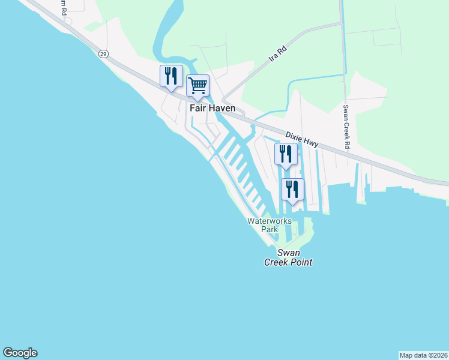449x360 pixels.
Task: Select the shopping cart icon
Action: point(197,86)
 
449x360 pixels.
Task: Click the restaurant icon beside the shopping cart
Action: point(172,76)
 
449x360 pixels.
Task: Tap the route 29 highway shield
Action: point(103,54)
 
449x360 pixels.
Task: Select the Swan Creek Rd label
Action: point(346,127)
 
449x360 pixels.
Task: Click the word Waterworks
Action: point(270,221)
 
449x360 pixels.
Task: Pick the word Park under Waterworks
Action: point(270,229)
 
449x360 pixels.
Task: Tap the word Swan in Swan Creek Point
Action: point(288,253)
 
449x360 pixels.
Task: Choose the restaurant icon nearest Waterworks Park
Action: point(292,190)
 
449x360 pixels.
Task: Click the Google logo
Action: point(20,353)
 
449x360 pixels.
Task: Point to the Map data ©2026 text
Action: point(423,355)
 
